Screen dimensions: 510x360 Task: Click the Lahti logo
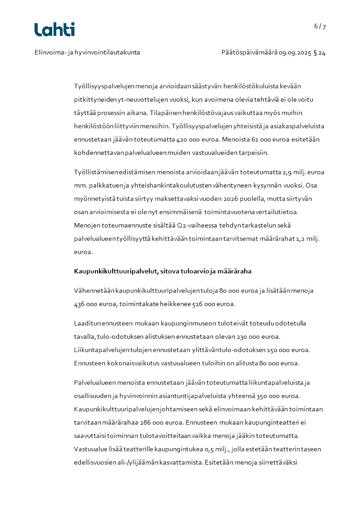tap(54, 30)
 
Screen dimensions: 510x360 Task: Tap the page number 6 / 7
tap(320, 26)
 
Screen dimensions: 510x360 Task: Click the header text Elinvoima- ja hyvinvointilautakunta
tap(87, 52)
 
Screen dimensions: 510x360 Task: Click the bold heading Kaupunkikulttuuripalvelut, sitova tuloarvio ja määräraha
tap(163, 271)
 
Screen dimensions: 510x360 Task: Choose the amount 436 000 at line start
tap(89, 303)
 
